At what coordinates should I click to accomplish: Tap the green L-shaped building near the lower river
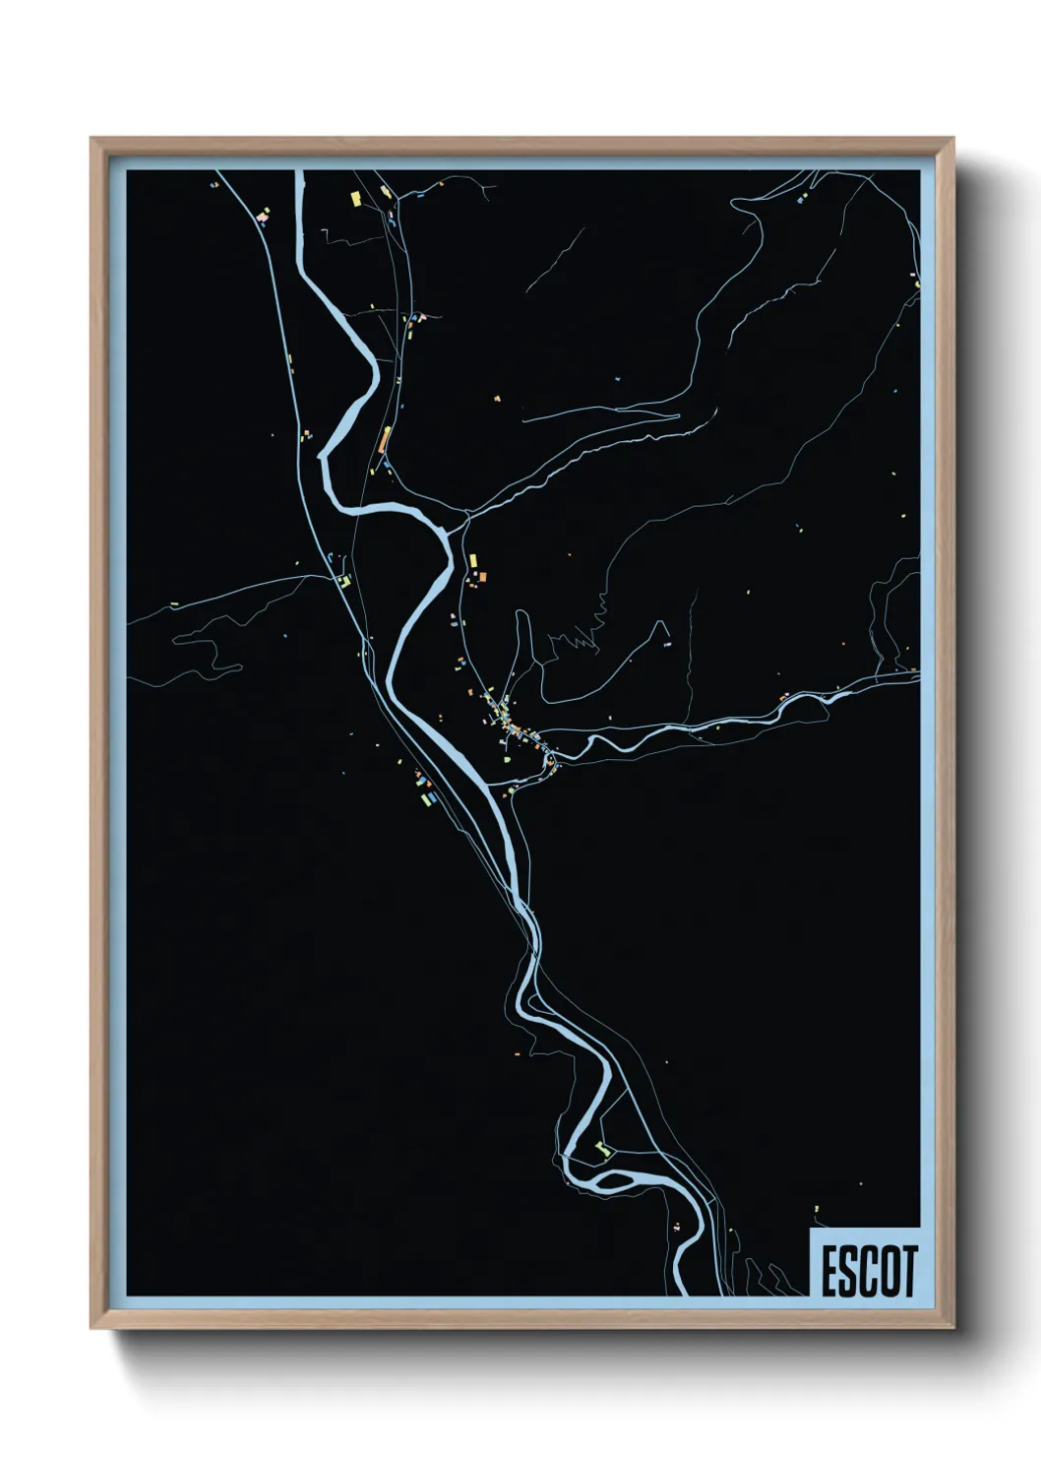[x=603, y=1149]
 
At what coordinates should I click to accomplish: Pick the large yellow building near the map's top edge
[x=355, y=198]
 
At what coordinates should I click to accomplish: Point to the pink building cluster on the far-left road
[x=262, y=214]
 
